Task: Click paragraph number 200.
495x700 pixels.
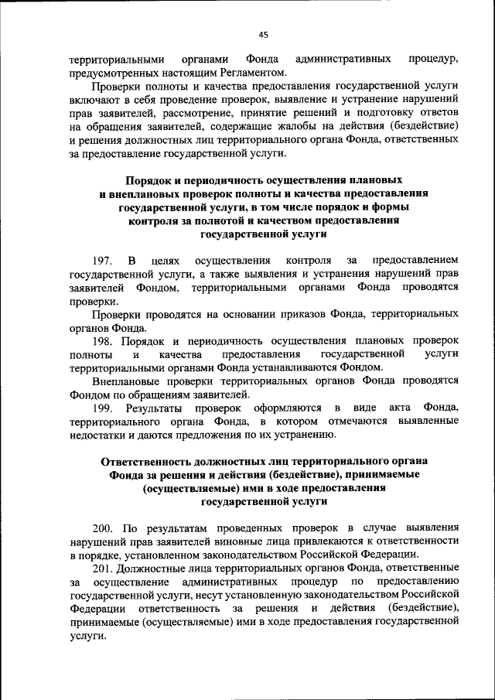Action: pyautogui.click(x=104, y=528)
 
